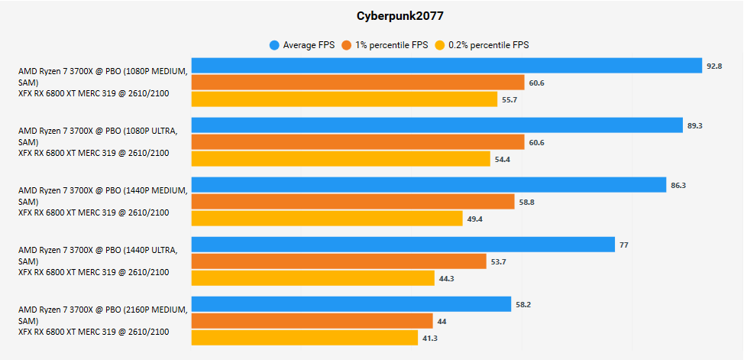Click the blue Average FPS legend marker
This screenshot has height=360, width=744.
(274, 45)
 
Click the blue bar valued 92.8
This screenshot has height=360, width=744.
(446, 66)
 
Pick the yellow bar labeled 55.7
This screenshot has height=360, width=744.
(344, 99)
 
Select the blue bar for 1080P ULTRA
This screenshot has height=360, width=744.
(436, 125)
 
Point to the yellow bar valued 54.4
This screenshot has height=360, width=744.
(341, 159)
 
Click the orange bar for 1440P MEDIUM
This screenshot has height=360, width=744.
(353, 202)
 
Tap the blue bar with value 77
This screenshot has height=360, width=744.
(403, 245)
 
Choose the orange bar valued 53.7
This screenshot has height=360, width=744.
(338, 261)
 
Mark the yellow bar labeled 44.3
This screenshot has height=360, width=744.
(312, 278)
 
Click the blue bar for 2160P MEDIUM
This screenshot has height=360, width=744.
(351, 304)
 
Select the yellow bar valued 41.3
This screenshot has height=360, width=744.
(304, 338)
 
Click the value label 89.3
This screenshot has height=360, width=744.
(695, 125)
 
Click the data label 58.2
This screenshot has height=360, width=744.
(523, 304)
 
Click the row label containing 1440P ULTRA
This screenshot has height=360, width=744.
(98, 261)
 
